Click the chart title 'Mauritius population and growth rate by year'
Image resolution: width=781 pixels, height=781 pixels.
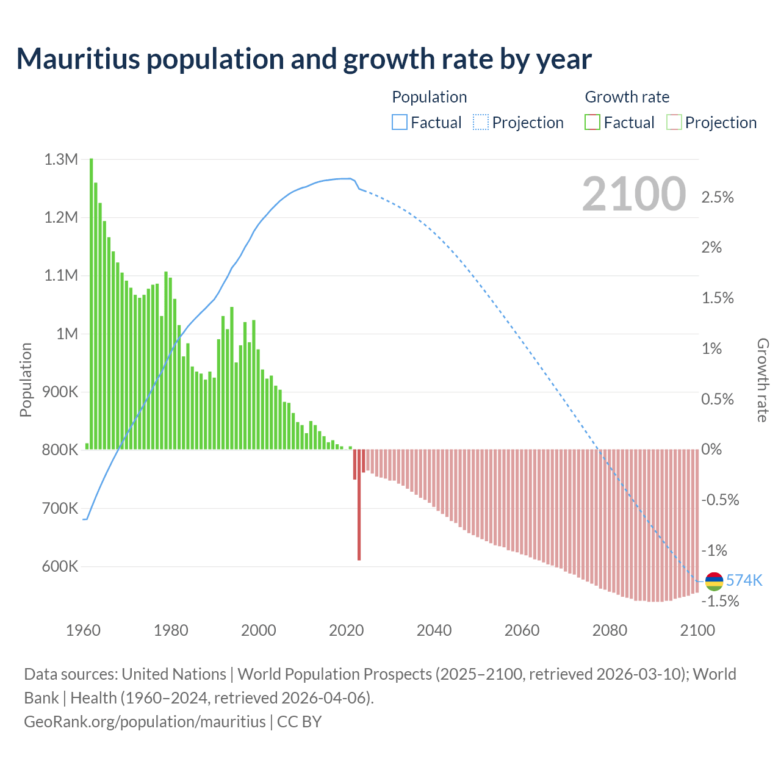click(x=304, y=59)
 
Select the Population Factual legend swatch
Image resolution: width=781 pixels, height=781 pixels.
click(x=399, y=123)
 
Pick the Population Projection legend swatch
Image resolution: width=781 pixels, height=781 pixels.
click(x=481, y=123)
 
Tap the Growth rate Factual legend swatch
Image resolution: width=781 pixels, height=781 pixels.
click(x=592, y=123)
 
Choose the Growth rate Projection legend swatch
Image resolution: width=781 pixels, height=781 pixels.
click(x=674, y=123)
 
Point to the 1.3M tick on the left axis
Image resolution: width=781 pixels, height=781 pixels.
click(x=61, y=160)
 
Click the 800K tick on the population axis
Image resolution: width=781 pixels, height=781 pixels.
click(x=60, y=450)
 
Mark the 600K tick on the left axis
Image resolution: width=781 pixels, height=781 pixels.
click(x=60, y=566)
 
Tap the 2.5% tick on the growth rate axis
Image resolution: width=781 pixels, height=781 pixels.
click(x=718, y=198)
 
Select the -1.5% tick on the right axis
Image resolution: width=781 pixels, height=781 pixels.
click(x=720, y=602)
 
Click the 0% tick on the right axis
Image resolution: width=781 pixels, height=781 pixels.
click(x=711, y=450)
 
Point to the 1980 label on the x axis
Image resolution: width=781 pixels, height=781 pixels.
click(x=171, y=630)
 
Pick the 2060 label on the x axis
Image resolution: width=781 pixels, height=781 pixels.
click(x=522, y=630)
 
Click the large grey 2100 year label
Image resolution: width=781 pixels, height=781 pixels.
click(x=634, y=194)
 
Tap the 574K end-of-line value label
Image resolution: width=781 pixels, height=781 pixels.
click(x=744, y=580)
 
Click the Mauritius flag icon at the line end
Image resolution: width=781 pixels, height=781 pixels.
click(x=714, y=581)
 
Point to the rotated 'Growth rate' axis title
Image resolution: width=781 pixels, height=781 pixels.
click(x=763, y=380)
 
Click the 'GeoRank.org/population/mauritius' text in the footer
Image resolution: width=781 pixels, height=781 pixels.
click(x=145, y=722)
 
